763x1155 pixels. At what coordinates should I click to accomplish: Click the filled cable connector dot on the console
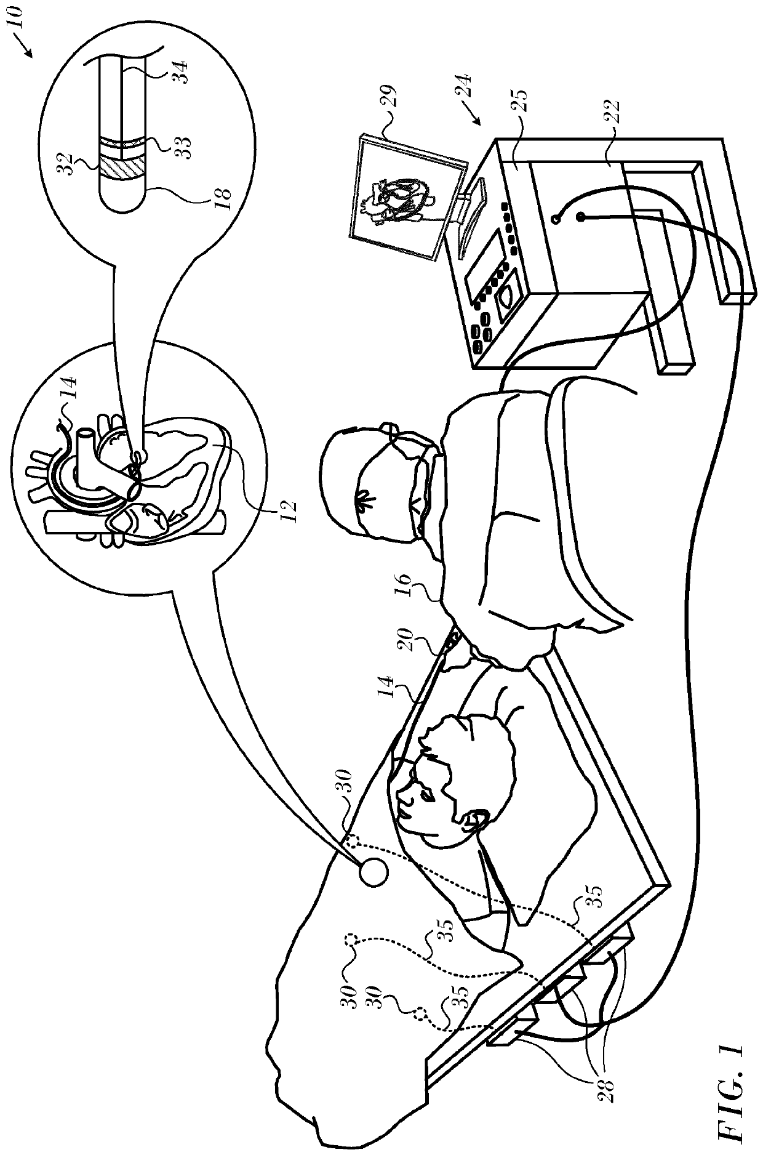[x=579, y=217]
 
